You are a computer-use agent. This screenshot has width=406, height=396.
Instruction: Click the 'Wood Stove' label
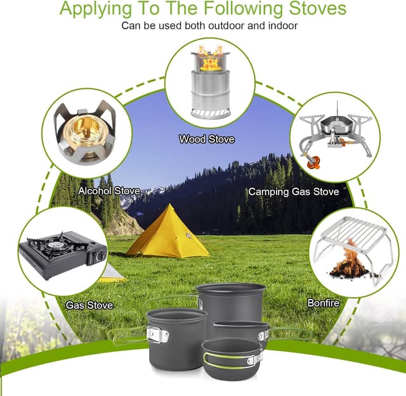[207, 138]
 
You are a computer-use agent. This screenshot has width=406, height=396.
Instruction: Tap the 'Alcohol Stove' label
[109, 190]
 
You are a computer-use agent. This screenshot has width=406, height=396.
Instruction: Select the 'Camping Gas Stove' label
[293, 191]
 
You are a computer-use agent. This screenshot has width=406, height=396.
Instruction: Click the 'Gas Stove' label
[89, 305]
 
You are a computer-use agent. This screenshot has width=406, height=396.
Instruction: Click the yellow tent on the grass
[167, 231]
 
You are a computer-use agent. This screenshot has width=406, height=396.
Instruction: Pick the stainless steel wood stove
[209, 89]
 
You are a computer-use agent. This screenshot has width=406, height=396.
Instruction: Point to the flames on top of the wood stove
[209, 60]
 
